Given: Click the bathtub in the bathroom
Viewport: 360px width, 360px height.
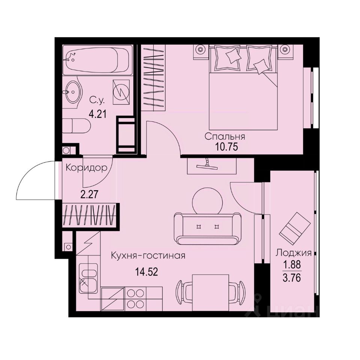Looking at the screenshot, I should click(x=97, y=60).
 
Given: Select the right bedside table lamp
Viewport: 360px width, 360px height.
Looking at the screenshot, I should click(x=286, y=49).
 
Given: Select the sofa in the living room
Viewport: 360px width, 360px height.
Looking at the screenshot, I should click(x=207, y=227).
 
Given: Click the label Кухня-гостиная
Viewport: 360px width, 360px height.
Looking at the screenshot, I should click(x=148, y=256).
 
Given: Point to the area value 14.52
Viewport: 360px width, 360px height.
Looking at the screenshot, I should click(x=146, y=271).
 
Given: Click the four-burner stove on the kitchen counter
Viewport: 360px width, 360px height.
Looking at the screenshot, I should click(x=135, y=298).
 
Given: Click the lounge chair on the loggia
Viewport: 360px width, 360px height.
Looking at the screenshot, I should click(x=295, y=227).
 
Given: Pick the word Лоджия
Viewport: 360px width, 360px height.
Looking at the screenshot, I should click(x=294, y=253).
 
